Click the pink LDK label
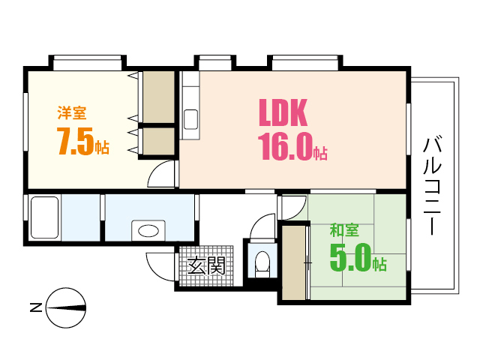[283, 112]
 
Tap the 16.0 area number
[286, 147]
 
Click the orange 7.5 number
[75, 141]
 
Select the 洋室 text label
[72, 113]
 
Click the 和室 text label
[344, 230]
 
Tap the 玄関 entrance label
[206, 265]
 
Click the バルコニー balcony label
[432, 186]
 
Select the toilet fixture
[262, 263]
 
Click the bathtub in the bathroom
[45, 217]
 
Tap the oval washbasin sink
[148, 231]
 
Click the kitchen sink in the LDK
[190, 119]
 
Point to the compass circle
[66, 308]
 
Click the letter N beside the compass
[36, 307]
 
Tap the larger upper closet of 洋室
[158, 97]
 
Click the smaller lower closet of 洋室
[158, 142]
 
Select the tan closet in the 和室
[294, 263]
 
